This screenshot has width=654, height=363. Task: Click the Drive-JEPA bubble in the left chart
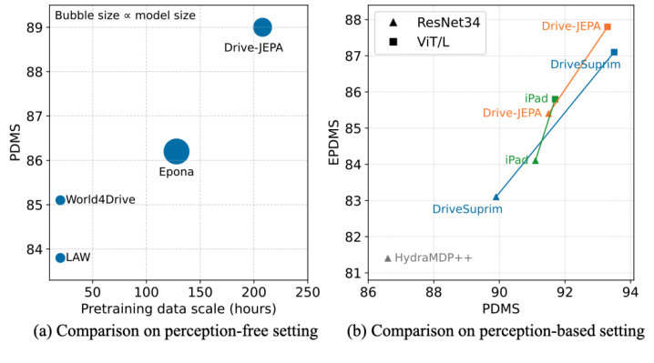pyautogui.click(x=262, y=27)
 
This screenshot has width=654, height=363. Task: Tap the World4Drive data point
pyautogui.click(x=60, y=200)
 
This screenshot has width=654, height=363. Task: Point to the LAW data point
pyautogui.click(x=60, y=257)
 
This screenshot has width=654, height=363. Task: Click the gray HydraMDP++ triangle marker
pyautogui.click(x=388, y=258)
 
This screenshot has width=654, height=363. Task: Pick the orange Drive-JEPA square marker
pyautogui.click(x=608, y=27)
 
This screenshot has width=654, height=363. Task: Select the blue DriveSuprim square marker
pyautogui.click(x=614, y=52)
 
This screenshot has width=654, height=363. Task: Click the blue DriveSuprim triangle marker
pyautogui.click(x=496, y=197)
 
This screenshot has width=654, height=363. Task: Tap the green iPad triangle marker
pyautogui.click(x=535, y=160)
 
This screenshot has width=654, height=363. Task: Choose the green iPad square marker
pyautogui.click(x=555, y=99)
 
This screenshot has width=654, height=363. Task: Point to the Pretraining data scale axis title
pyautogui.click(x=178, y=308)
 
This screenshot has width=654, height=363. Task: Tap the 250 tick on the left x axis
pyautogui.click(x=307, y=292)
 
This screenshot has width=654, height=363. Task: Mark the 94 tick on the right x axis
pyautogui.click(x=630, y=292)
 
